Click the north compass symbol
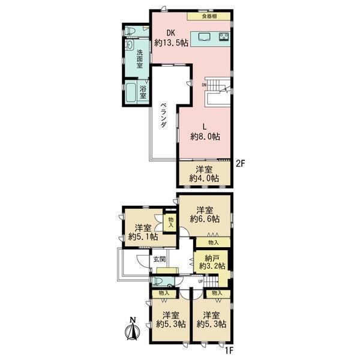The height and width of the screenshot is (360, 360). coord(131,329)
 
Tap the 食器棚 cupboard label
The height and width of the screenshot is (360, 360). coord(209,16)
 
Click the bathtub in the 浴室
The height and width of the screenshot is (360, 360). coord(131,92)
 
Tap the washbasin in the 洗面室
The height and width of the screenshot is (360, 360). coord(130,44)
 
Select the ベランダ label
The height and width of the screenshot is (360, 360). coord(163,115)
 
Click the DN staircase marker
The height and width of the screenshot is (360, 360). coord(204,85)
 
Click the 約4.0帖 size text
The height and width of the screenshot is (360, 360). coord(204,178)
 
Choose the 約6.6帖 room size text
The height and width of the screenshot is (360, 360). coord(205,219)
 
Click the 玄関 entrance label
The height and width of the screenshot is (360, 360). coord(160,259)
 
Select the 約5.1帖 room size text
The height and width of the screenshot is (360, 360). coord(143,237)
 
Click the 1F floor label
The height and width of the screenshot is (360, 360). coord(229,350)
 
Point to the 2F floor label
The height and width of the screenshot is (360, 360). coord(241,163)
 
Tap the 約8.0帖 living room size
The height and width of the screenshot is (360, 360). coord(205,137)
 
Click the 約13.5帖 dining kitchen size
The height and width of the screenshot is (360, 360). coord(171,43)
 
